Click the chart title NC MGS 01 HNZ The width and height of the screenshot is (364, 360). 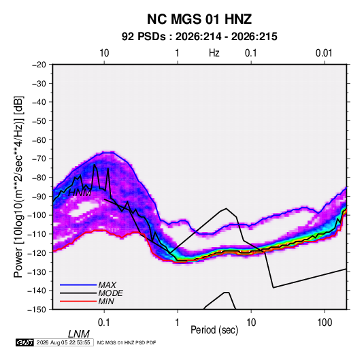(199, 19)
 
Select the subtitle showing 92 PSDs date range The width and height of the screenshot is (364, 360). (199, 37)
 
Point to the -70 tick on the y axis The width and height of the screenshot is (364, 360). (39, 159)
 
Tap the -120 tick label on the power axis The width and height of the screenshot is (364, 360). (37, 252)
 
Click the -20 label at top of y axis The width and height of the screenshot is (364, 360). (39, 65)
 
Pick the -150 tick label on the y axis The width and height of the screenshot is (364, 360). (37, 310)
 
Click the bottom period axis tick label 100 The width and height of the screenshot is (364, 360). (325, 323)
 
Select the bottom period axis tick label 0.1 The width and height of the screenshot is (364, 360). (104, 323)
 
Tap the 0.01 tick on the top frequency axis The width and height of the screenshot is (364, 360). (324, 53)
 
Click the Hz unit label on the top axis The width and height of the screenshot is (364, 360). (214, 53)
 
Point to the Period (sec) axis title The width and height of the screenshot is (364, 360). (214, 330)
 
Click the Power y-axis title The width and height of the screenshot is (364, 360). (18, 187)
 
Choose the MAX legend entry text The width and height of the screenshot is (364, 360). (107, 284)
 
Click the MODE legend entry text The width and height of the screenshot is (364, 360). (110, 293)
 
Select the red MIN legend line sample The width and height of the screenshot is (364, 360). (78, 301)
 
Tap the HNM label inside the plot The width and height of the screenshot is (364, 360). (80, 193)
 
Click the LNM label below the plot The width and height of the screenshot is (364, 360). (79, 334)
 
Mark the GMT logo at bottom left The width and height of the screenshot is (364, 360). (24, 342)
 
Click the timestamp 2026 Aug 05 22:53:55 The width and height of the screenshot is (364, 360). (63, 342)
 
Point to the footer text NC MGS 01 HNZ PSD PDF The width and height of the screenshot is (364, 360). (127, 342)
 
